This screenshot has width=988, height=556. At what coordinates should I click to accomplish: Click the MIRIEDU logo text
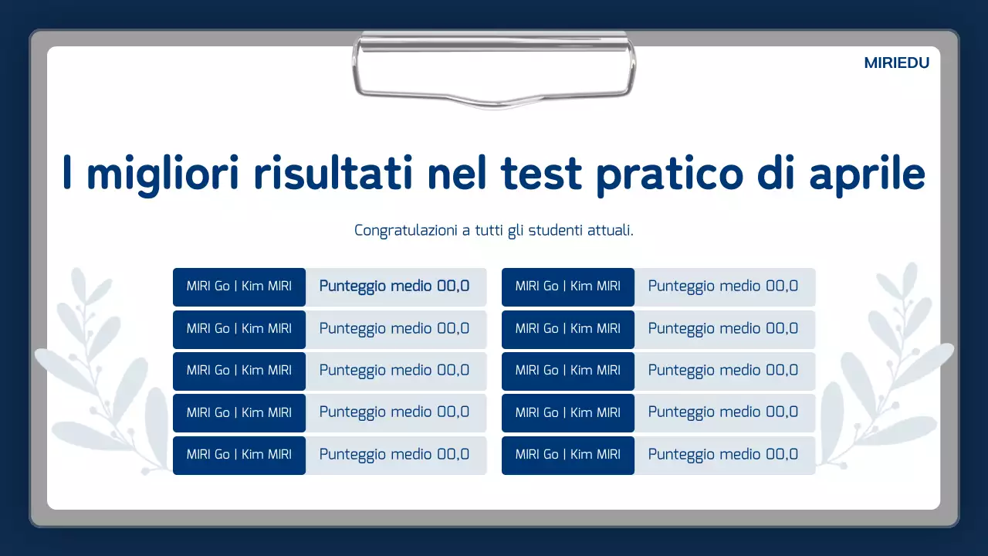click(896, 63)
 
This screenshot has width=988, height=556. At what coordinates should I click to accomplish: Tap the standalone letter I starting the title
click(67, 174)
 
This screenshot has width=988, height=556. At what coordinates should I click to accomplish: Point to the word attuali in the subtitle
click(611, 230)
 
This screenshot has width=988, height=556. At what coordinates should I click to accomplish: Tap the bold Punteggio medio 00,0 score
click(394, 286)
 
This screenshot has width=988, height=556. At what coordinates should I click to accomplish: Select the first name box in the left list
click(239, 286)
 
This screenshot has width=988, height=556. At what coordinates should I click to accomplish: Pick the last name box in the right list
click(568, 455)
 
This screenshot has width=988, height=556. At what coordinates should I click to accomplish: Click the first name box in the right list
click(568, 286)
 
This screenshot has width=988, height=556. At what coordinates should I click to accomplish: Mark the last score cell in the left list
click(394, 455)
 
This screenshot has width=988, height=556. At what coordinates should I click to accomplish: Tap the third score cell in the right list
click(723, 371)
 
